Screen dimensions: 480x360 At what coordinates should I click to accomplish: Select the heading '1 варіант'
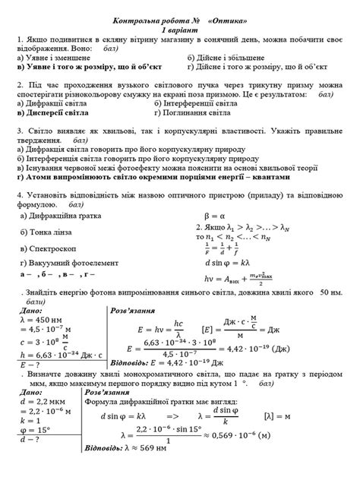coord(180,28)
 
